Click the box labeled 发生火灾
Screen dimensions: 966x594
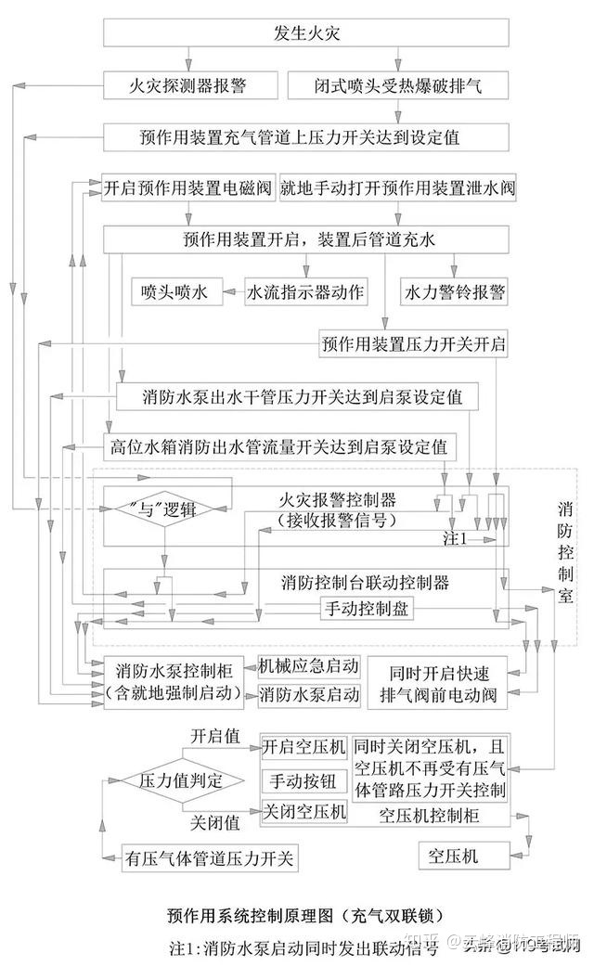305,33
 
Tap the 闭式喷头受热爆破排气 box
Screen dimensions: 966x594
398,86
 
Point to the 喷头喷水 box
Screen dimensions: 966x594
169,292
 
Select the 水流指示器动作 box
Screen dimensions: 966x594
305,292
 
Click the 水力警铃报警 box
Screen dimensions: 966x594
454,292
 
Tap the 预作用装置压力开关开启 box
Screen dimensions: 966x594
414,344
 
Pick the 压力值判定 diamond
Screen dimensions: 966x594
181,779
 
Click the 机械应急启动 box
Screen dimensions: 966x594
309,665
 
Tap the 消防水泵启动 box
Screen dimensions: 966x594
309,693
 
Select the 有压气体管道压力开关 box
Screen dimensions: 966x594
209,857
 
